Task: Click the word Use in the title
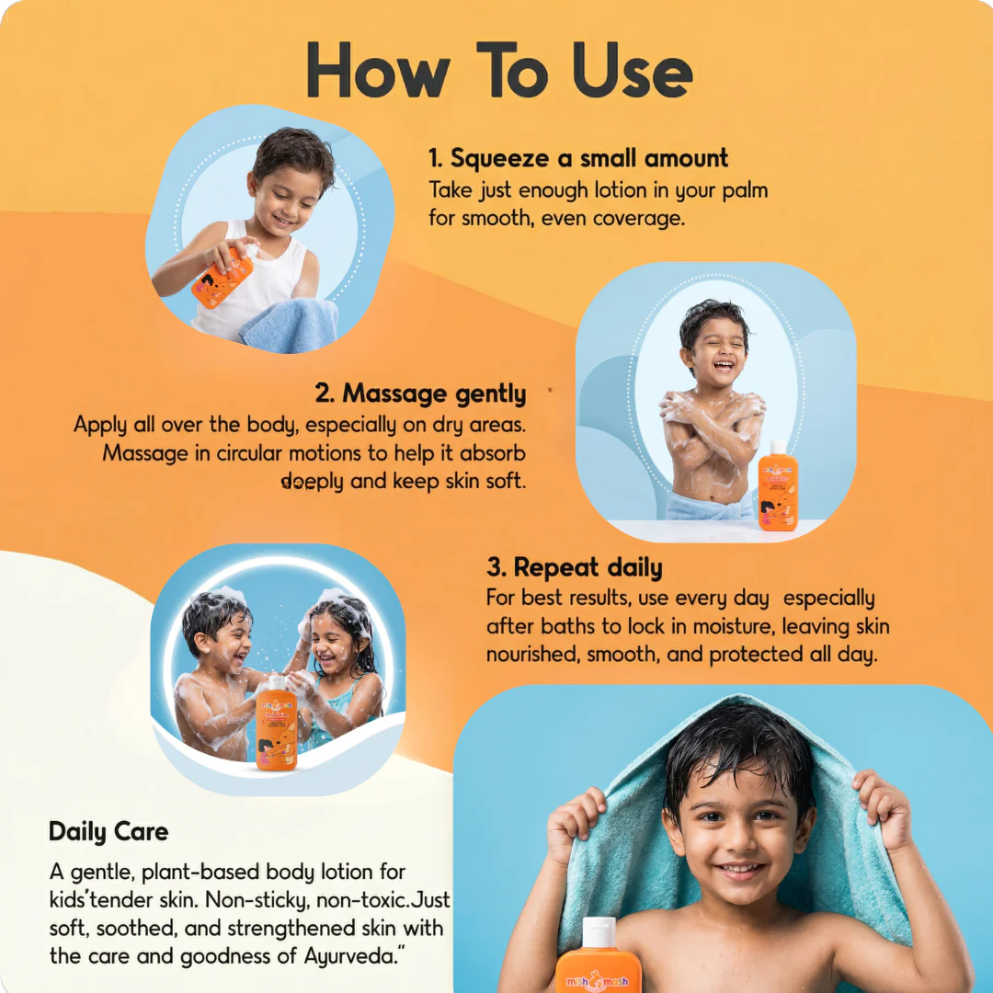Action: click(632, 70)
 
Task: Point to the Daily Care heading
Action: click(108, 831)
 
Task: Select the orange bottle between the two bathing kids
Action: click(277, 723)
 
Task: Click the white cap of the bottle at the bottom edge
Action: click(599, 931)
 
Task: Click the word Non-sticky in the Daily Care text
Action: click(257, 900)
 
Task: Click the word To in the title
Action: click(512, 70)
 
